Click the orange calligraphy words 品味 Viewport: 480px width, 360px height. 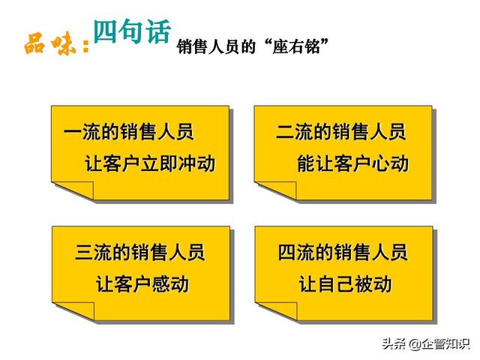pos(50,45)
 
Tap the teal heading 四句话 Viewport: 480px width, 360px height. pos(132,31)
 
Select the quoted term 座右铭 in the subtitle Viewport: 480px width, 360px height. pos(296,46)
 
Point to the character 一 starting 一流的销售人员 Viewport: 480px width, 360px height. pos(73,132)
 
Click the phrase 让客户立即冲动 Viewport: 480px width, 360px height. pos(150,163)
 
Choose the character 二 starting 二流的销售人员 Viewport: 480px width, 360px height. pos(285,132)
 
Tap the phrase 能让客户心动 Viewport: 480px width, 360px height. pos(353,163)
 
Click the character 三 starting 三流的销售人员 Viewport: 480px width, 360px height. pos(84,253)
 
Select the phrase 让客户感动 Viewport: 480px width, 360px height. pos(142,283)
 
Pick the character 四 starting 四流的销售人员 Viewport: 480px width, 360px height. pos(286,253)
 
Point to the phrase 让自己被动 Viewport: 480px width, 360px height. pos(345,283)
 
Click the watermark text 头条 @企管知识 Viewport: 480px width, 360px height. pos(425,344)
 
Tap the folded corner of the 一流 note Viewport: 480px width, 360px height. pos(79,189)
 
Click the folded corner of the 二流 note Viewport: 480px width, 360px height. pos(282,189)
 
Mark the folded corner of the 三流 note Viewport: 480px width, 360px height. pos(79,310)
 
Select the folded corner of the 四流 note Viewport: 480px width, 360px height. pos(283,310)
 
